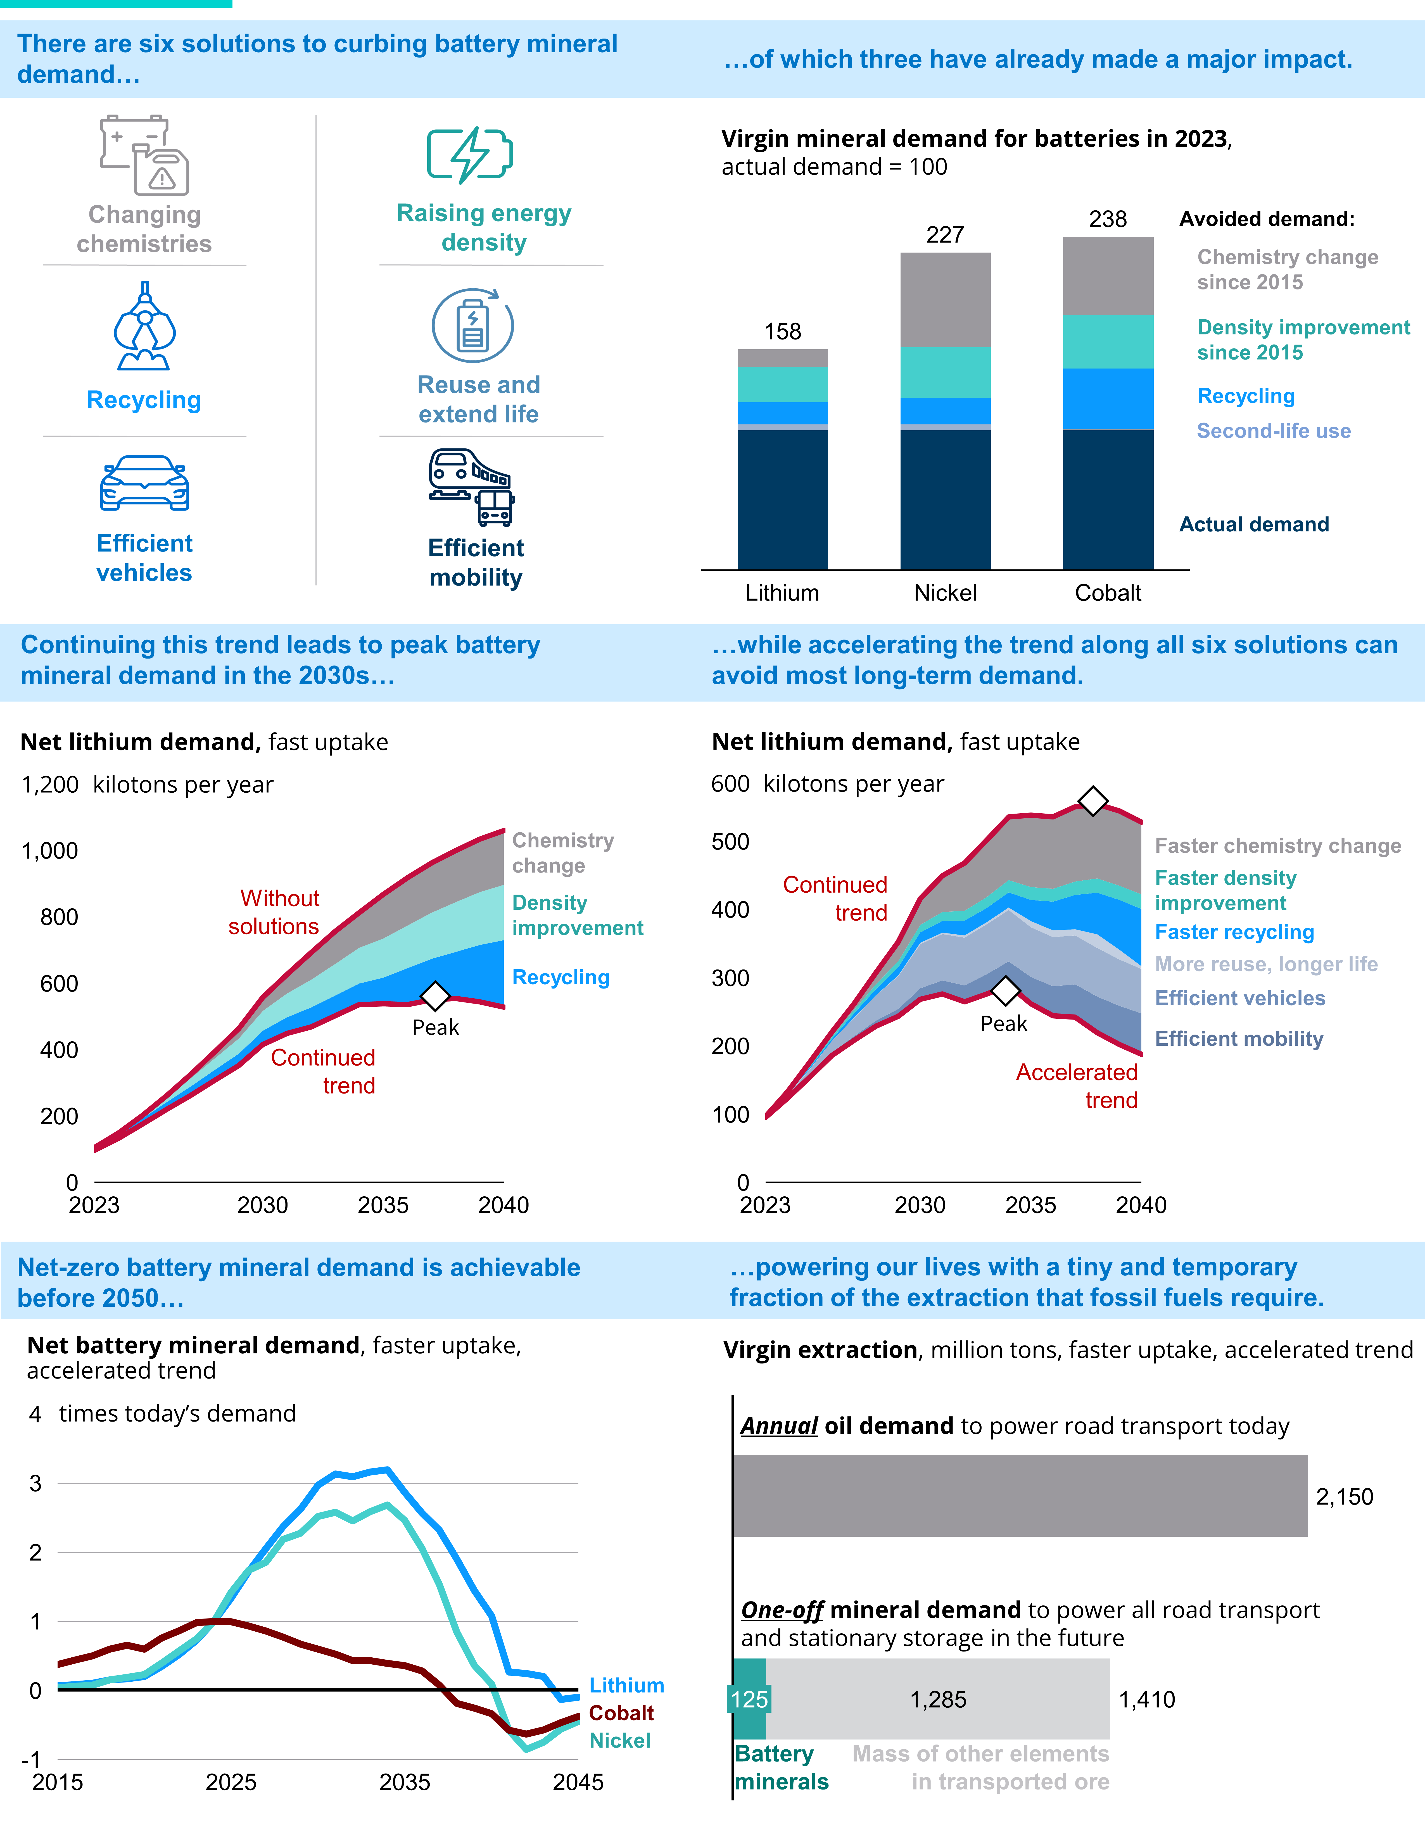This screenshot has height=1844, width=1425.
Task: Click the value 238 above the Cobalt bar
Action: click(1108, 220)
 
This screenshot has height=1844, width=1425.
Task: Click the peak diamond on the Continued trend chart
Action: click(435, 996)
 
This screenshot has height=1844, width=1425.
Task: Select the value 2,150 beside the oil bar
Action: click(1344, 1497)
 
